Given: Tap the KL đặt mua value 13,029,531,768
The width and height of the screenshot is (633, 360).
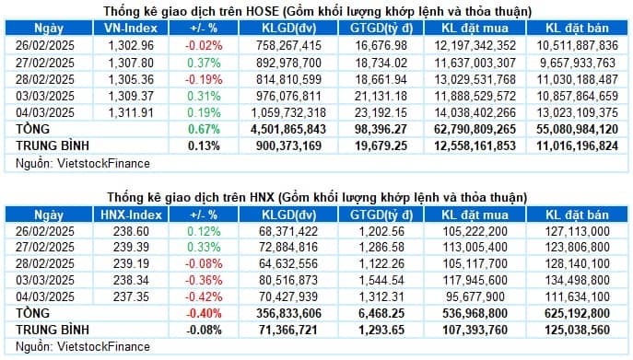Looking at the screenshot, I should pyautogui.click(x=477, y=78).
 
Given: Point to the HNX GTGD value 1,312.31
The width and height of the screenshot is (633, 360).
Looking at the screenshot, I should pyautogui.click(x=382, y=296).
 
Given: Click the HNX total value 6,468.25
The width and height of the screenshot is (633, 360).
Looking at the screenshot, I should pyautogui.click(x=381, y=313).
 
